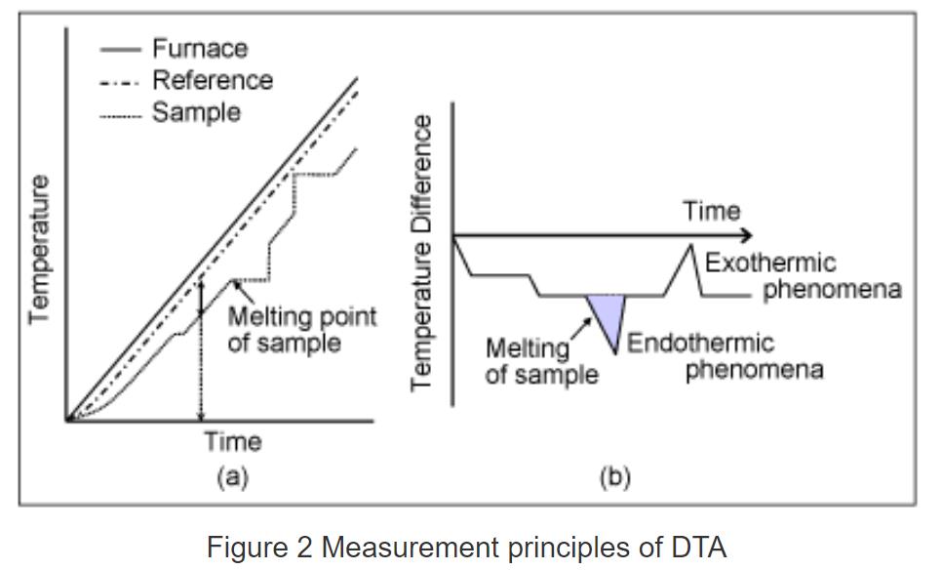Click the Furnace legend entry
pos(199,48)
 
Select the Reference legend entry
pos(212,80)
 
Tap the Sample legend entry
pos(195,112)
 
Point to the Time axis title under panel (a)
pos(232,442)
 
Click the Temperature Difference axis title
pos(421,253)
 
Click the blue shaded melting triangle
pos(606,314)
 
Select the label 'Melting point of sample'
pos(300,330)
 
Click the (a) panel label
pos(232,477)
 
